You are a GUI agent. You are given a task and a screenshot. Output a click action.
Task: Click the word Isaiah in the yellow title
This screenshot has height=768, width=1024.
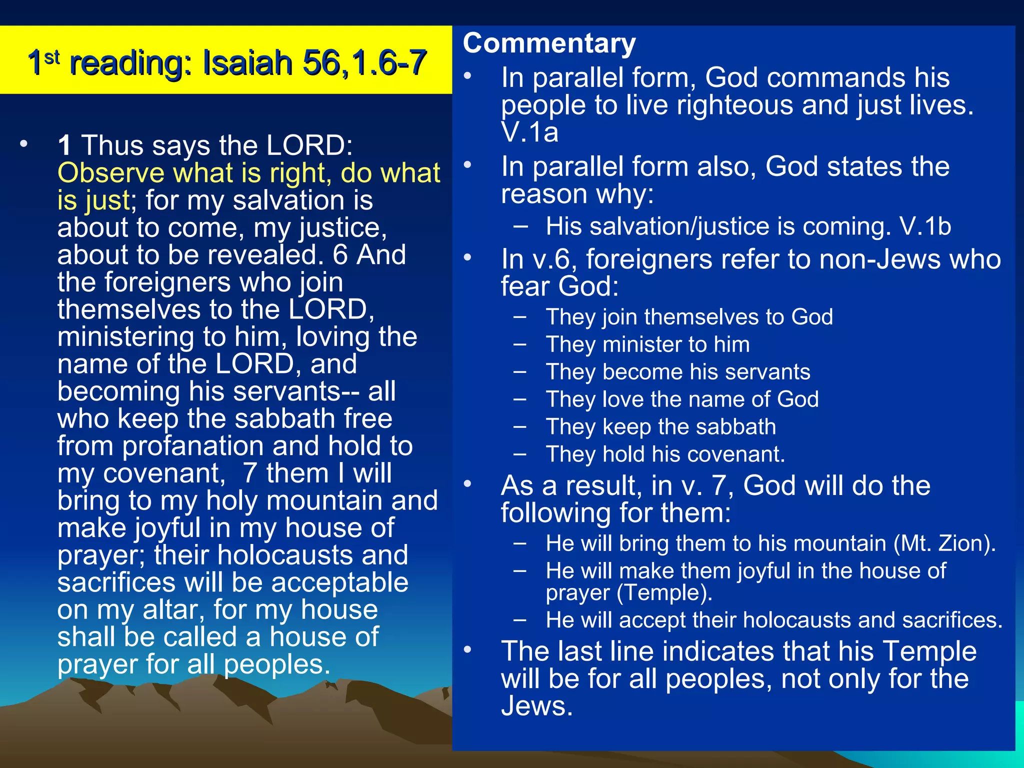[x=247, y=62]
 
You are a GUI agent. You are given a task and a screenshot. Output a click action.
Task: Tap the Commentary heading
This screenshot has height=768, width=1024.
[x=549, y=43]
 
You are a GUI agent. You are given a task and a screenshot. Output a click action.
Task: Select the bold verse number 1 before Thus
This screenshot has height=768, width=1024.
[x=64, y=145]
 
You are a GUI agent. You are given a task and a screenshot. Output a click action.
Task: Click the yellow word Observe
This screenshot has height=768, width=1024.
[x=110, y=173]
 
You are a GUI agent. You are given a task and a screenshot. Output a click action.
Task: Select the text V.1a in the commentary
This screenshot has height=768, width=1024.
[x=529, y=132]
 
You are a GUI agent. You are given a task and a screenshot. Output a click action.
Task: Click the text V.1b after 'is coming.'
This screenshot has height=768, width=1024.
[x=925, y=226]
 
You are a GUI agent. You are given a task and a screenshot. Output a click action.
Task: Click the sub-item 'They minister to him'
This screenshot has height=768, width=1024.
[x=647, y=344]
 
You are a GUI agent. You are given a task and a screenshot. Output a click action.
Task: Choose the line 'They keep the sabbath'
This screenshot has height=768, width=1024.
[x=660, y=427]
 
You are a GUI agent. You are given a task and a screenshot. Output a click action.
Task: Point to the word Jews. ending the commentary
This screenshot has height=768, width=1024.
[x=536, y=706]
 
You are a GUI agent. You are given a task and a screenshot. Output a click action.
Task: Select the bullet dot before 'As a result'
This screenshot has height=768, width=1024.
[x=467, y=484]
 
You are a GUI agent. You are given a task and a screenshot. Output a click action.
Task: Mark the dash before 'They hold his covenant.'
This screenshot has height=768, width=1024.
[x=520, y=454]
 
